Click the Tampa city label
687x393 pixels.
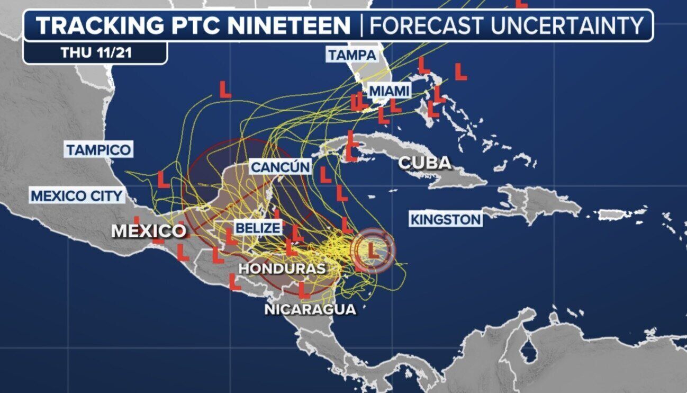click(x=352, y=55)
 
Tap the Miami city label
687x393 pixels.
click(x=389, y=91)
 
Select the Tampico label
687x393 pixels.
click(x=98, y=150)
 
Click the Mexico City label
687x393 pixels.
click(x=77, y=196)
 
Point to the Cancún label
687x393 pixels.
click(x=280, y=167)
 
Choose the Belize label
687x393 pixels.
click(x=257, y=228)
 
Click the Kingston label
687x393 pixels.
click(x=446, y=219)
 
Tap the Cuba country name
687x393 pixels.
click(x=424, y=163)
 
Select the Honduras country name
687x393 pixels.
click(x=282, y=269)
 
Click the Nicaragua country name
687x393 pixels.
click(x=310, y=309)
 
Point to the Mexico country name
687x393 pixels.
click(x=149, y=231)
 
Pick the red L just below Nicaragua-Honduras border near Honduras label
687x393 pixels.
click(x=303, y=290)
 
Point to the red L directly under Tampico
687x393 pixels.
click(x=164, y=180)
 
